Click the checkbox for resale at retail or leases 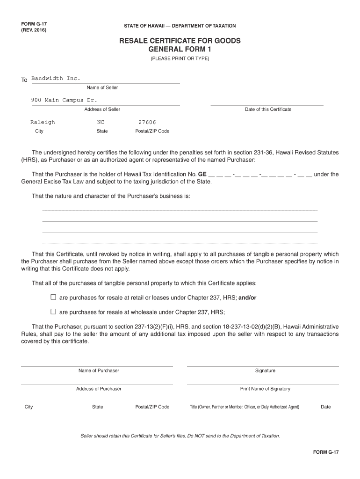pos(53,298)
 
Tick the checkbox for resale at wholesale pos(53,312)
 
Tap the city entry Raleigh pos(43,122)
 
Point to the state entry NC pos(101,122)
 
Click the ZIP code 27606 pos(147,122)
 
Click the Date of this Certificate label pos(268,109)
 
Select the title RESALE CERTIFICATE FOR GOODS pos(180,41)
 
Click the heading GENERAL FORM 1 pos(180,50)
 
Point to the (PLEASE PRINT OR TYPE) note pos(180,59)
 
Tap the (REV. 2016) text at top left pos(34,30)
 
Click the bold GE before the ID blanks pos(202,174)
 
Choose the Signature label pos(265,371)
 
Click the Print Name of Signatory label pos(265,389)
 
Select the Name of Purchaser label pos(99,371)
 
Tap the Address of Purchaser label pos(99,389)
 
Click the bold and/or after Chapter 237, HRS pos(248,298)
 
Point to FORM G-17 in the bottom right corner pos(326,452)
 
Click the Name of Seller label pos(102,88)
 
